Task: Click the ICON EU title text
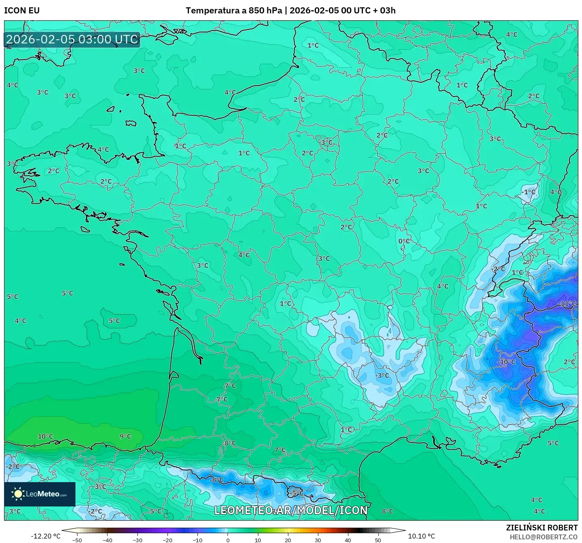(x=22, y=11)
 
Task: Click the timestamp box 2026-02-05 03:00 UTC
(x=72, y=39)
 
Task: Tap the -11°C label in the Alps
(x=567, y=304)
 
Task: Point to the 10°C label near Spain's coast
(x=45, y=437)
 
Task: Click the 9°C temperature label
(x=125, y=437)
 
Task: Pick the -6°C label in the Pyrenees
(x=217, y=480)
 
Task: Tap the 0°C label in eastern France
(x=404, y=241)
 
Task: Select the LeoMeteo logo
(x=40, y=494)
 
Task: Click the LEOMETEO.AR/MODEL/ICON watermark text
(x=291, y=511)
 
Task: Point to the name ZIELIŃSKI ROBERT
(x=542, y=528)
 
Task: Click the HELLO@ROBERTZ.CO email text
(x=543, y=537)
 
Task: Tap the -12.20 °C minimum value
(x=45, y=536)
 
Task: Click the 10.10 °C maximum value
(x=421, y=536)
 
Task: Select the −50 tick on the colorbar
(x=77, y=540)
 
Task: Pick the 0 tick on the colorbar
(x=228, y=540)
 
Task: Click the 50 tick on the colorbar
(x=378, y=540)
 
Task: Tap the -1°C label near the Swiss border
(x=529, y=192)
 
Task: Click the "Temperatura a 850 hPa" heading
(x=233, y=11)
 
